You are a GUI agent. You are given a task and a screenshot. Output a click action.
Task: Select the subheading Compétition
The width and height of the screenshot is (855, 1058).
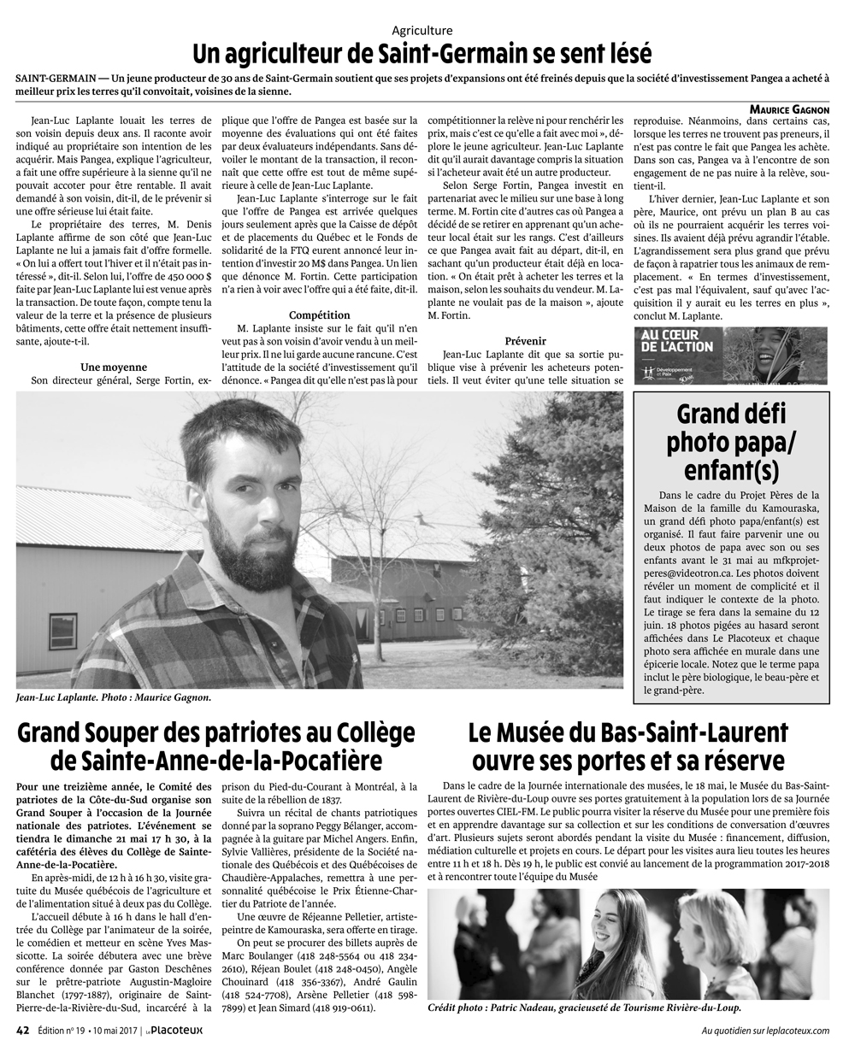coord(319,314)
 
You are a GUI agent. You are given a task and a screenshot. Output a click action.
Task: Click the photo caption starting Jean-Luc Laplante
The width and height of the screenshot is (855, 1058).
coord(114,697)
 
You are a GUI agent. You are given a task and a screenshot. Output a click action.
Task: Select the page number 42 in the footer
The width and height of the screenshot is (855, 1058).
coord(23,1030)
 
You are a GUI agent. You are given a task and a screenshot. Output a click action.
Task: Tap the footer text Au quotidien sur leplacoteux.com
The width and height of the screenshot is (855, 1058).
coord(764,1031)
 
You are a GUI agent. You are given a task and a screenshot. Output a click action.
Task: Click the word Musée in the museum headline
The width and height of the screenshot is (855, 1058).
coord(531,732)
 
